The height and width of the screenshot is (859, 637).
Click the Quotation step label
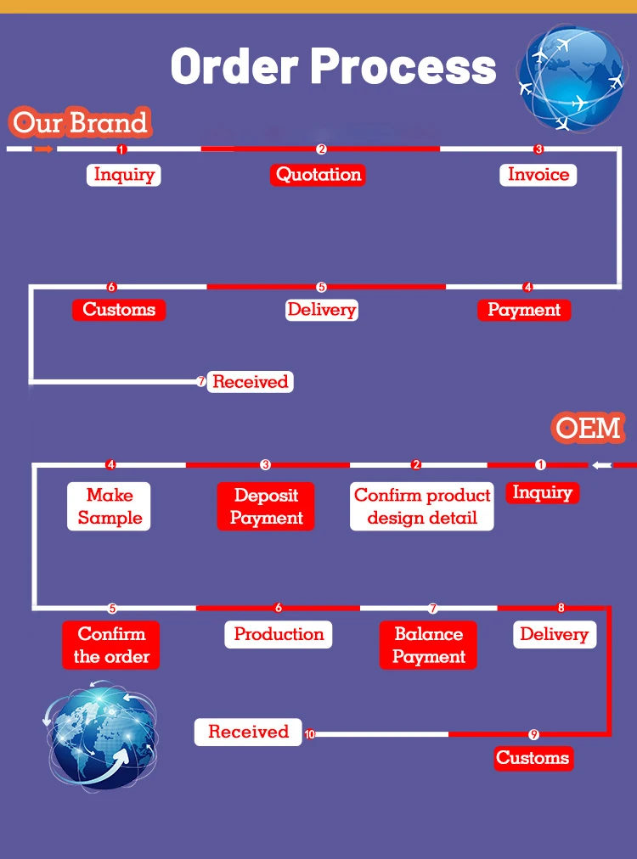tap(318, 175)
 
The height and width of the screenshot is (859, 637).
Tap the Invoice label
tap(538, 175)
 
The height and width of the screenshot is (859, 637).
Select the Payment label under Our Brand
tap(524, 310)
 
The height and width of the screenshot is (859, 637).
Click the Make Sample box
tap(109, 507)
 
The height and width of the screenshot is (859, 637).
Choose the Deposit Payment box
tap(266, 507)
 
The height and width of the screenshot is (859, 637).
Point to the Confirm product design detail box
tap(422, 507)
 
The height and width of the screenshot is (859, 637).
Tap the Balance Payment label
tap(428, 645)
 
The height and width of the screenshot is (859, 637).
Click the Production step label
tap(279, 634)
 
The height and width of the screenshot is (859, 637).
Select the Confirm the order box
tap(111, 645)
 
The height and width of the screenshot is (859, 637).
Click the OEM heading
tap(589, 428)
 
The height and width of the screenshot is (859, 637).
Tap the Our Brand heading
tap(81, 124)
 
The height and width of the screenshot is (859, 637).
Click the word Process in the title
tap(403, 66)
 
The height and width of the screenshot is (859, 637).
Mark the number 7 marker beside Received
tap(201, 382)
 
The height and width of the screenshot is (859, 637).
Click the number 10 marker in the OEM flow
tap(309, 733)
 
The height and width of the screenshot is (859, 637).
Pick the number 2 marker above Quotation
tap(321, 149)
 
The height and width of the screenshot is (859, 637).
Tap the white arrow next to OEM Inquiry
tap(601, 465)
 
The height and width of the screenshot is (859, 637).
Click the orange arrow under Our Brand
tap(44, 149)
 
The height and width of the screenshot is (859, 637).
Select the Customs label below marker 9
tap(533, 758)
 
